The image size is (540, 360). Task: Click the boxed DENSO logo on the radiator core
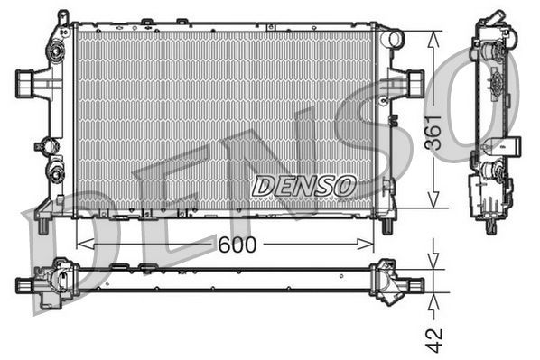coord(303,186)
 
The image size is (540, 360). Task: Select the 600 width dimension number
coord(237,245)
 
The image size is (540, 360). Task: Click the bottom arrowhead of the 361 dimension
coord(435,204)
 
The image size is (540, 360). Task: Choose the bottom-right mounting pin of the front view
coord(387,223)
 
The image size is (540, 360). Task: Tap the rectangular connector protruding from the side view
coord(503,143)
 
